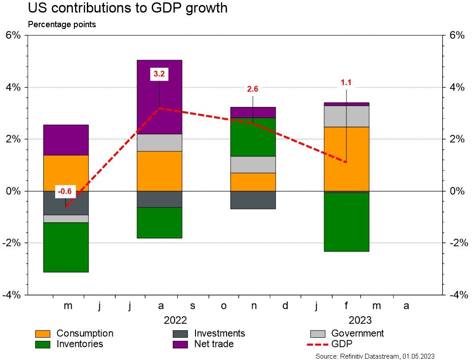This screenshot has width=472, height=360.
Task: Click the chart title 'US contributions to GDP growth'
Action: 127,8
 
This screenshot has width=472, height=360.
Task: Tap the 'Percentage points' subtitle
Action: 62,25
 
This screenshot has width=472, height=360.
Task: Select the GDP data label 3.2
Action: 159,74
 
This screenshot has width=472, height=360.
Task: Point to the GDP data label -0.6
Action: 65,192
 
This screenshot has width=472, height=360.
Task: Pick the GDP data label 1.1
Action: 346,82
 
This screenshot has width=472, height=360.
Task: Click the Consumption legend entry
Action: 74,333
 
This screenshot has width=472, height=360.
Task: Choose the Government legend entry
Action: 347,333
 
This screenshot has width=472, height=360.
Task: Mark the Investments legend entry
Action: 209,333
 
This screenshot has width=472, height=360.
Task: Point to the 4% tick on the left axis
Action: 13,87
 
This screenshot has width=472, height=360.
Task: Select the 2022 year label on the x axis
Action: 175,320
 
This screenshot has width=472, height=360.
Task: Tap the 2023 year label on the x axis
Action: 360,320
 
